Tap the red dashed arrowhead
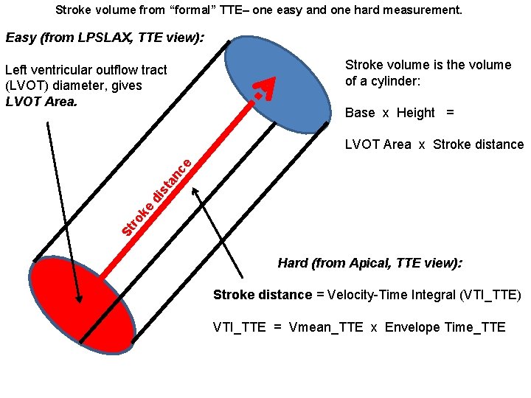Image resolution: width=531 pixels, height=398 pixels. [265, 88]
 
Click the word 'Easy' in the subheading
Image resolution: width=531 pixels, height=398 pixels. [20, 38]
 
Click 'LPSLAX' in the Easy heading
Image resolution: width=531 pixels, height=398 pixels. [103, 38]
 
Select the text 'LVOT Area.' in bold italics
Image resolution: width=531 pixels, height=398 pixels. [41, 102]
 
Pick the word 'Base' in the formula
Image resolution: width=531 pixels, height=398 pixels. [360, 113]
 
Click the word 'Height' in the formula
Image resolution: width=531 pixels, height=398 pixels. [416, 113]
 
